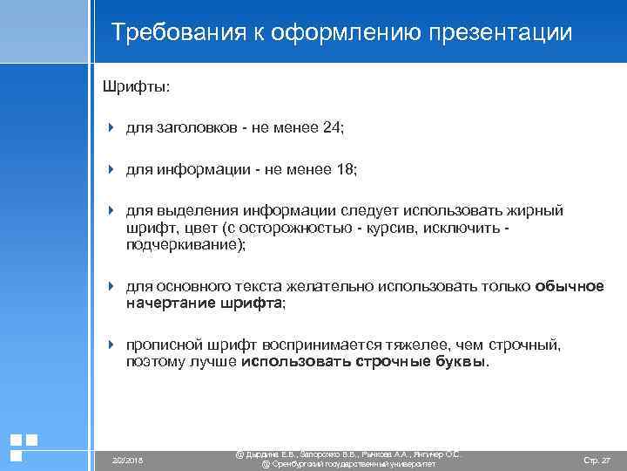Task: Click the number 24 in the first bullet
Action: coord(331,128)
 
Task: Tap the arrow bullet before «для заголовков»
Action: coord(111,128)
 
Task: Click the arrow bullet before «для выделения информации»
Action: coord(111,210)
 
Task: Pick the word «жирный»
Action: coord(536,210)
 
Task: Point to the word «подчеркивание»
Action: coord(184,246)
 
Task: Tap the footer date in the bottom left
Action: coord(129,460)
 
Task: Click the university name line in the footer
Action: coord(348,465)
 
